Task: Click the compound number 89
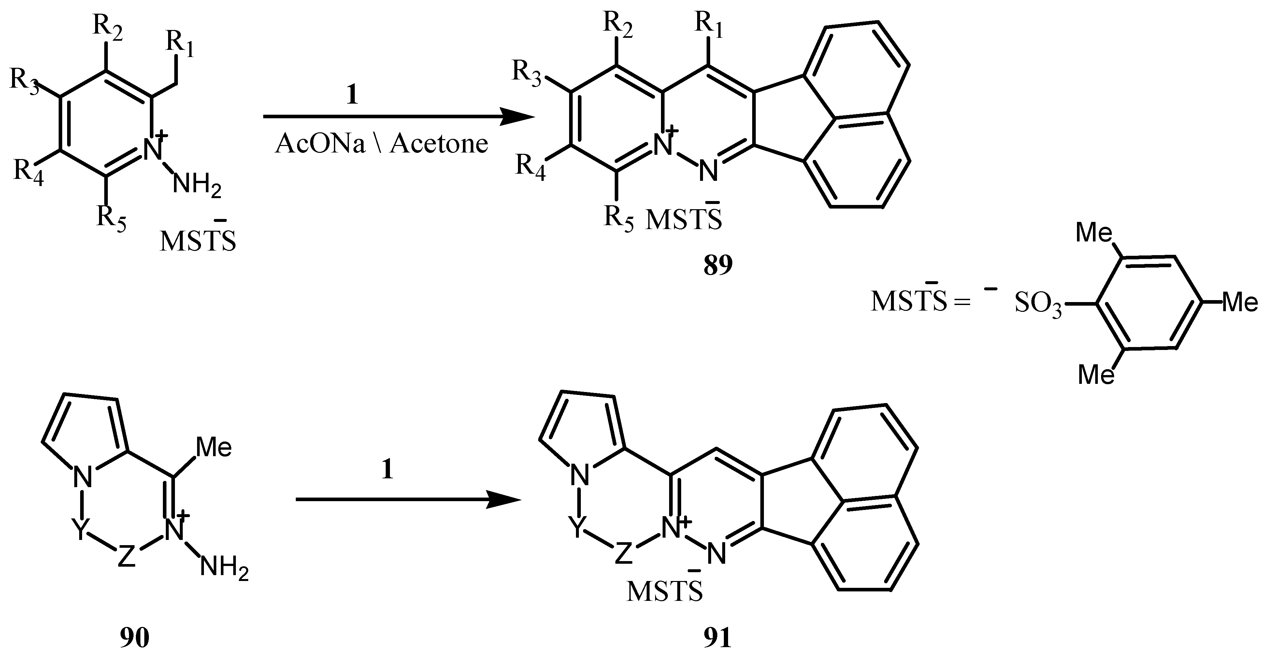pyautogui.click(x=718, y=265)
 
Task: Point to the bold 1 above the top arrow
pyautogui.click(x=352, y=94)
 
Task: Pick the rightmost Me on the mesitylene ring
pyautogui.click(x=1240, y=302)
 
